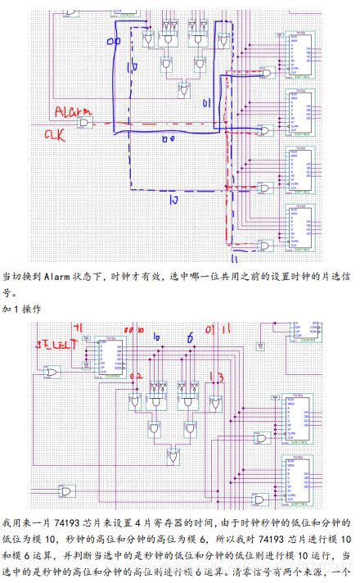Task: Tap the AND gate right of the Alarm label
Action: click(84, 123)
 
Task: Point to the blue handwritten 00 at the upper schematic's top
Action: click(115, 40)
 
